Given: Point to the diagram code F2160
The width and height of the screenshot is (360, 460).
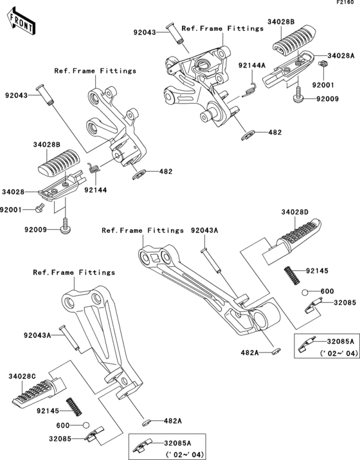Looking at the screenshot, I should coord(346,4).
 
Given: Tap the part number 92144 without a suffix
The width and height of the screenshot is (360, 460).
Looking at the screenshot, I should coord(94,190).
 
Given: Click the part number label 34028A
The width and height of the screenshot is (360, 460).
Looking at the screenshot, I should coord(340,56).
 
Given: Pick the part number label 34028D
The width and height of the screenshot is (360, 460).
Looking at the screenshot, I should coord(294,212).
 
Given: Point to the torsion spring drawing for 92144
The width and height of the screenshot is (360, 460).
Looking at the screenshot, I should coord(93,169).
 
